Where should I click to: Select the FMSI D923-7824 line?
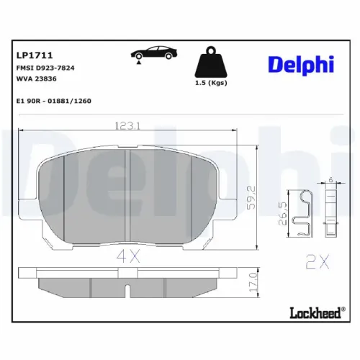(45, 67)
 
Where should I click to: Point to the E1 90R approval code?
(53, 102)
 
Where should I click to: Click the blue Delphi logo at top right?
(301, 64)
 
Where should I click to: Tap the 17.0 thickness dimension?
(251, 282)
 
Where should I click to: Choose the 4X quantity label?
(128, 253)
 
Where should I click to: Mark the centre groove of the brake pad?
(127, 194)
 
